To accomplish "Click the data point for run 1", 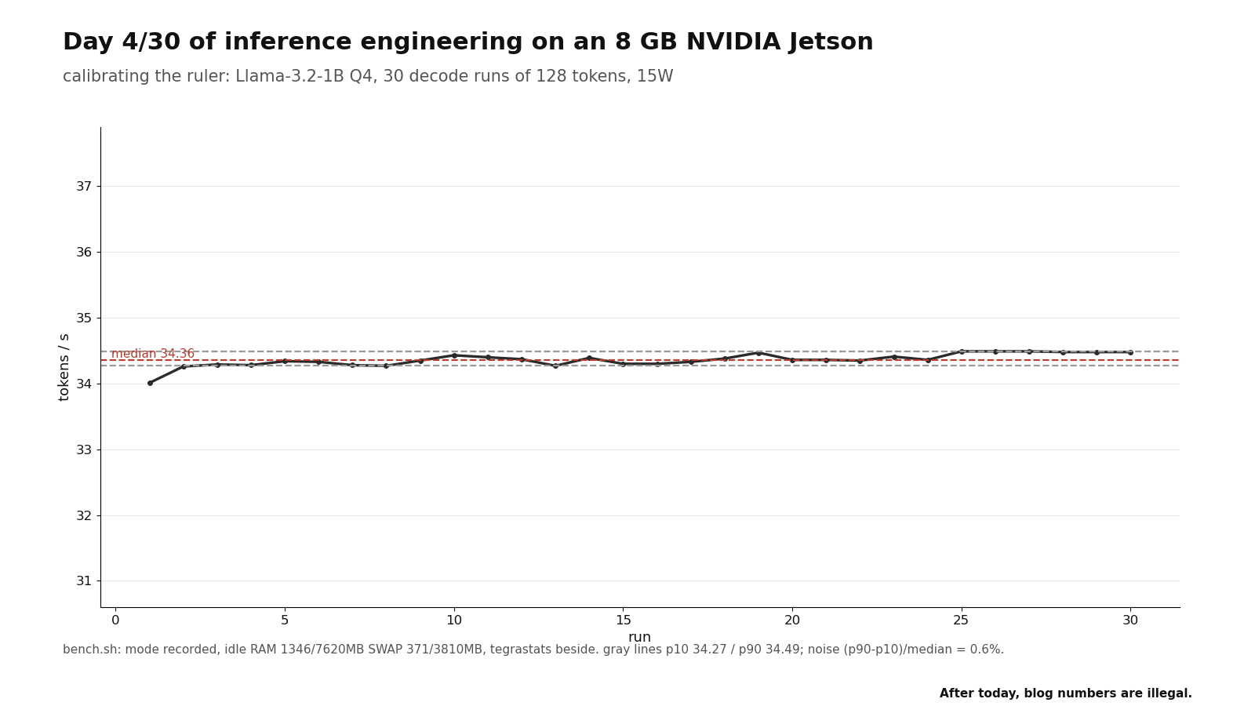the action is (150, 384).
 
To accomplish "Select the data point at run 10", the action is (454, 355).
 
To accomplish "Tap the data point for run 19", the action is (758, 353).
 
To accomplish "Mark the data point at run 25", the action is (962, 351).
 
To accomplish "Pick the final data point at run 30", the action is (1130, 352).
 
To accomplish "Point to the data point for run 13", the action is (556, 366).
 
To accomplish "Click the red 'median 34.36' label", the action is (153, 354).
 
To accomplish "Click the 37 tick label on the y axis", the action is (84, 186).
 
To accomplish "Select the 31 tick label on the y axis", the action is (84, 581).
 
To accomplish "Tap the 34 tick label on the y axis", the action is (84, 384).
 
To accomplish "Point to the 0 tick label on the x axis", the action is (115, 620).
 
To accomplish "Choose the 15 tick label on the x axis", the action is (623, 620).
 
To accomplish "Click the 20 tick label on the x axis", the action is (792, 620).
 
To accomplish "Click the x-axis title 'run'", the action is (639, 638).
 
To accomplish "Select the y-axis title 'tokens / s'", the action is (64, 368).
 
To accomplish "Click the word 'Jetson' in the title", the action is (831, 42).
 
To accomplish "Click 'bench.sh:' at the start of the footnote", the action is (91, 650).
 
